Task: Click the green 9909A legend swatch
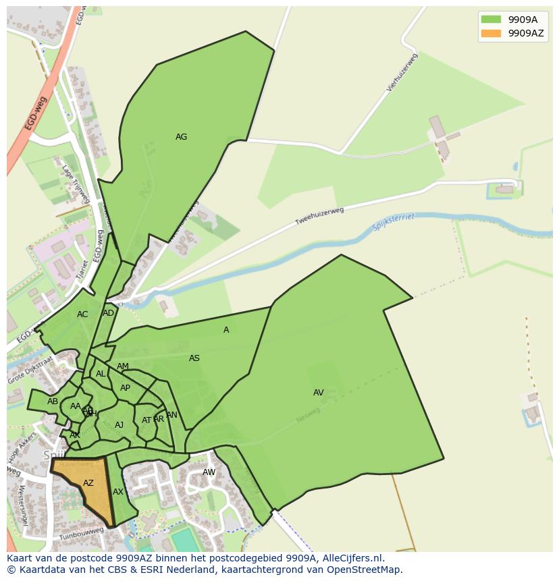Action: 491,20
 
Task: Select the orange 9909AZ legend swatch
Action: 491,33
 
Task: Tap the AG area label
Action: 181,137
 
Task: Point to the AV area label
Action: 319,393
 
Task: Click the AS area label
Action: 194,358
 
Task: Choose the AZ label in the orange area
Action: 88,483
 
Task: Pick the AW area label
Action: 209,472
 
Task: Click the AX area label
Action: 118,492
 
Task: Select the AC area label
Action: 82,314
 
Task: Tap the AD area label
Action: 108,313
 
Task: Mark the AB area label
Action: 53,402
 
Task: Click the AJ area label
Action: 119,425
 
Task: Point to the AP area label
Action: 125,388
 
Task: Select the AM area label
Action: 122,366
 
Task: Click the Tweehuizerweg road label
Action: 319,216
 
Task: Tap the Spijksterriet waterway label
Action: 393,222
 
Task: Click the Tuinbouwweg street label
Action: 80,533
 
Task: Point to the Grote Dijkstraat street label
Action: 30,370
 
